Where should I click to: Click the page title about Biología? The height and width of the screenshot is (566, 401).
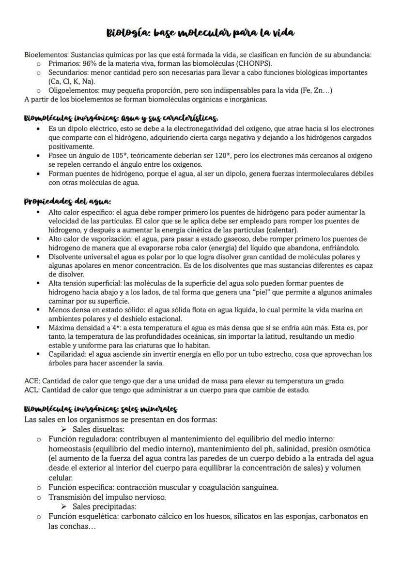[200, 33]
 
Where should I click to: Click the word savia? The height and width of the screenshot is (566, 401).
[155, 363]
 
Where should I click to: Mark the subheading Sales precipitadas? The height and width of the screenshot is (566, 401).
[104, 507]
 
